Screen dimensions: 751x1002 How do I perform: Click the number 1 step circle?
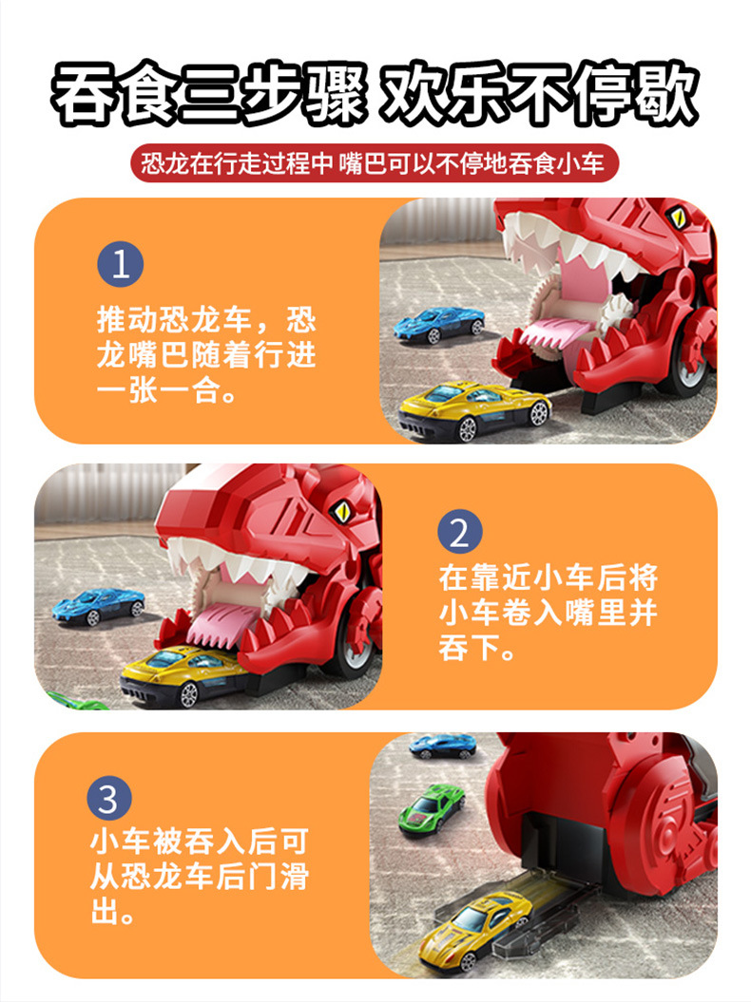coord(121,264)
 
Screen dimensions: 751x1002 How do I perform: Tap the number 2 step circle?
coord(459,532)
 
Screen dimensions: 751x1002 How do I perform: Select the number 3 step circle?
coord(109,798)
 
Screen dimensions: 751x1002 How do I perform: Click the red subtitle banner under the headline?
coord(375,163)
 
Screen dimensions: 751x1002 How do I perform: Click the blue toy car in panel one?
coord(439,324)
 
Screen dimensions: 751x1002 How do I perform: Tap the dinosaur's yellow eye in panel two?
coord(341,511)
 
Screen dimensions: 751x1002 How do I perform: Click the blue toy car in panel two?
coord(99,606)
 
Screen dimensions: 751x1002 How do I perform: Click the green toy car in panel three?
coord(431,809)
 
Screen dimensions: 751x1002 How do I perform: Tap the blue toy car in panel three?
coord(443,746)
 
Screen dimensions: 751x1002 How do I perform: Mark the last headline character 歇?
coord(665,93)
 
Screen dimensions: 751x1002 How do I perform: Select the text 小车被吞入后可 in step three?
coord(200,841)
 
